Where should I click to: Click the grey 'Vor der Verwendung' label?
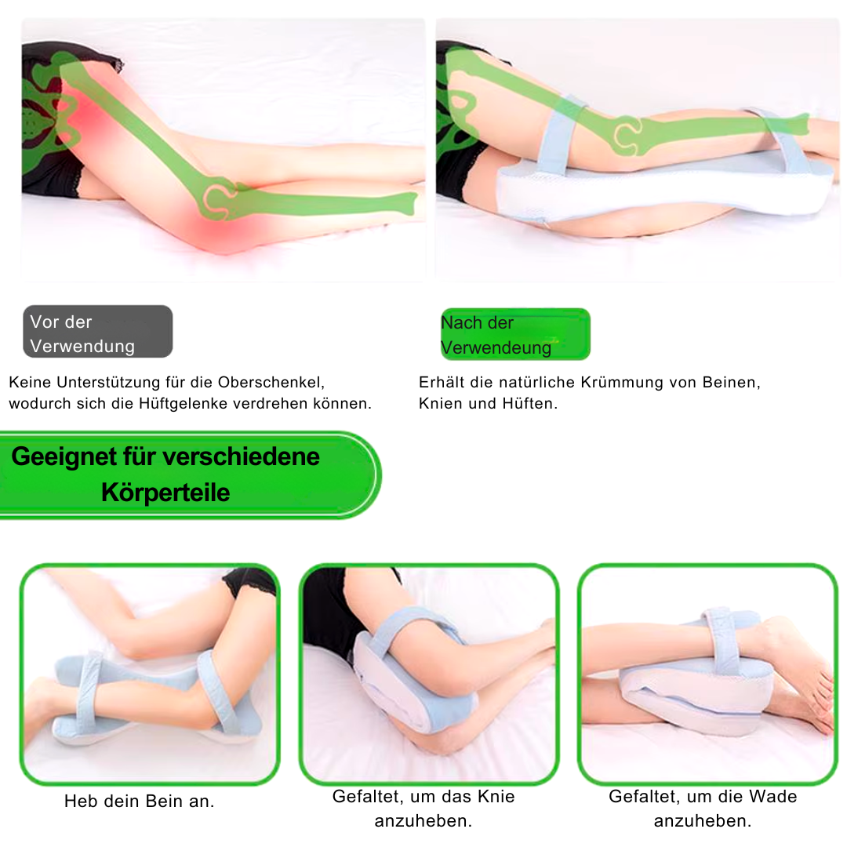pyautogui.click(x=98, y=331)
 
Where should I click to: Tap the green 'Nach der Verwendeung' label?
pyautogui.click(x=515, y=334)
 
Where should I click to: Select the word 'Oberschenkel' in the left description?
pyautogui.click(x=271, y=383)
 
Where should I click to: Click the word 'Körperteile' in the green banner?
pyautogui.click(x=165, y=493)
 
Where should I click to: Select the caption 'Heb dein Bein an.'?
pyautogui.click(x=140, y=801)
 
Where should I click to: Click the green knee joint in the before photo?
pyautogui.click(x=220, y=198)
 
